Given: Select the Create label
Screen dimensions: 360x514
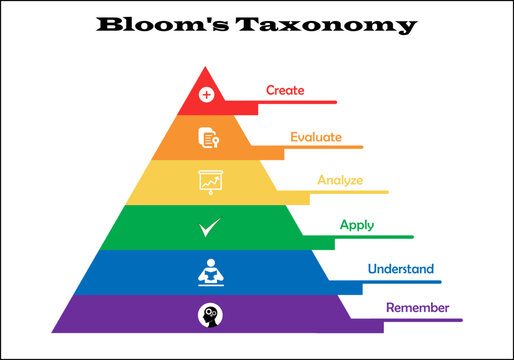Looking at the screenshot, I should (x=285, y=90).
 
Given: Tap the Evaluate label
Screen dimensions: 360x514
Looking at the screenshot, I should (x=316, y=136).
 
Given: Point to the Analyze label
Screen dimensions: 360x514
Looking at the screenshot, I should (x=340, y=180).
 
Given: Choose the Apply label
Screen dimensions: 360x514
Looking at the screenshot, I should (x=357, y=225).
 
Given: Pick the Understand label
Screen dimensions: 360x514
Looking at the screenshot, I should (x=400, y=268).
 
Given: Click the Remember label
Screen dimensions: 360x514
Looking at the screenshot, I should (x=417, y=307).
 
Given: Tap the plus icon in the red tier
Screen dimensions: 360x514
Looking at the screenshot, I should (x=207, y=95).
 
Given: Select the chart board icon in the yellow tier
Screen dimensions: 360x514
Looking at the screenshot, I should (x=210, y=182).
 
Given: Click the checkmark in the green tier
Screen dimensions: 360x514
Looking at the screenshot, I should (x=209, y=227).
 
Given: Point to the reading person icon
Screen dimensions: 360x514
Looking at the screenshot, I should (x=210, y=271).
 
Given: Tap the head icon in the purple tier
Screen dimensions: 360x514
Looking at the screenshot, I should (x=209, y=315).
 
